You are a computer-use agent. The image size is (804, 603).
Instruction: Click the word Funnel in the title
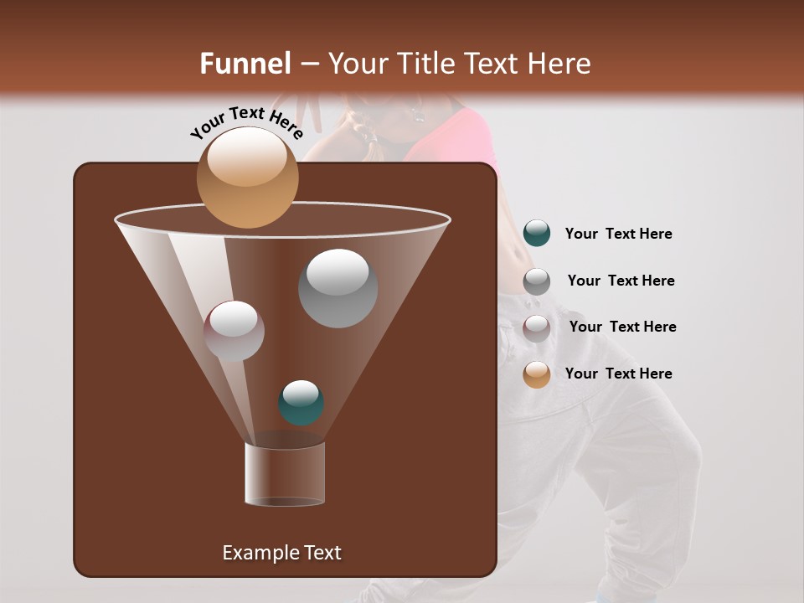[x=245, y=64]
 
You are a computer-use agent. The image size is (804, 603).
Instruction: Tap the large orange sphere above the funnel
[x=247, y=178]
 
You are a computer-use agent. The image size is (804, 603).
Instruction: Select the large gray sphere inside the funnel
[x=338, y=288]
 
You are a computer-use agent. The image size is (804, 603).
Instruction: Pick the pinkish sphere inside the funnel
[x=234, y=331]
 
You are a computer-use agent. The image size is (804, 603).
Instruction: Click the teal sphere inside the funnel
[x=301, y=403]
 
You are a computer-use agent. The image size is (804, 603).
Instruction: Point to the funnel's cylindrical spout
[x=285, y=474]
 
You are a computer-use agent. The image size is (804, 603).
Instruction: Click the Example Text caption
[x=281, y=553]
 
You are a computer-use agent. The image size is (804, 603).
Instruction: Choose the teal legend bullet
[x=537, y=234]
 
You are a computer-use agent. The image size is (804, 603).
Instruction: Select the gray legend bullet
[x=537, y=281]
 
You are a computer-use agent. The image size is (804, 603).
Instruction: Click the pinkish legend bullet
[x=537, y=328]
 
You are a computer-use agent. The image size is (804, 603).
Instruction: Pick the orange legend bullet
[x=537, y=374]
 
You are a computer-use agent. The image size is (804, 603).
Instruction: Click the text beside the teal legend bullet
[x=618, y=234]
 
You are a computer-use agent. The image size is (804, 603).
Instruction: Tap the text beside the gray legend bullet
[x=621, y=281]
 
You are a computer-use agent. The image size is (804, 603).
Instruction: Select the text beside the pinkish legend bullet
[x=622, y=327]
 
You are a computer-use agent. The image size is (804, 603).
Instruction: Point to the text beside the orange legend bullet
[x=618, y=374]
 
